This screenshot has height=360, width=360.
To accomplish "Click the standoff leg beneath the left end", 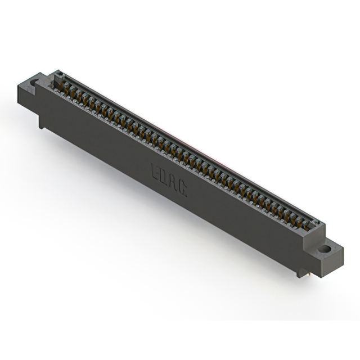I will pos(42,123).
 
